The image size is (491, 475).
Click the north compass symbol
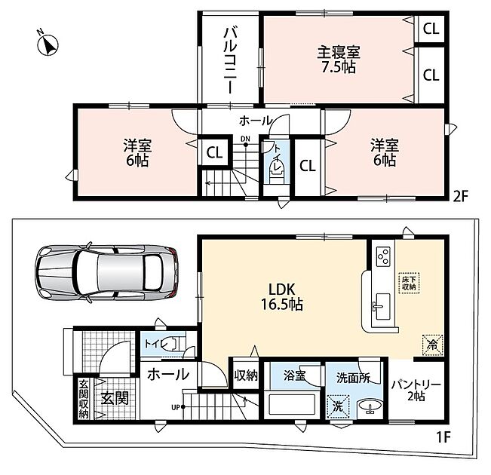coord(48,44)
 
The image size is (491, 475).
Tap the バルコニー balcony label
coord(231,61)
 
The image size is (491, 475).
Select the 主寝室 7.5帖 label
coord(339,60)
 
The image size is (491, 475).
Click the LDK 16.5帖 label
coord(282,296)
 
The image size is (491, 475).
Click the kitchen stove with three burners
coord(383,256)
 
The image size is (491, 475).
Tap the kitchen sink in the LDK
coord(382,306)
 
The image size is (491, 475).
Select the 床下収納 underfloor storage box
coord(410,283)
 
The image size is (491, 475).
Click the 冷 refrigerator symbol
coord(433,345)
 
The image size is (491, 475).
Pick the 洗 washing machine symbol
coord(338,406)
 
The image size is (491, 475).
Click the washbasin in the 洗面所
coord(370,406)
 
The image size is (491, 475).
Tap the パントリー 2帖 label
coord(416,390)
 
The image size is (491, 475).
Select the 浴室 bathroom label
coord(294,375)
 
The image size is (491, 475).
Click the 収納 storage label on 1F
coord(246,375)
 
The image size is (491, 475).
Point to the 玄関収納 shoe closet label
coord(83,399)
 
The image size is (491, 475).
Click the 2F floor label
coord(459,196)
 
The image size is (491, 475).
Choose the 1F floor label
coord(443,437)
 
